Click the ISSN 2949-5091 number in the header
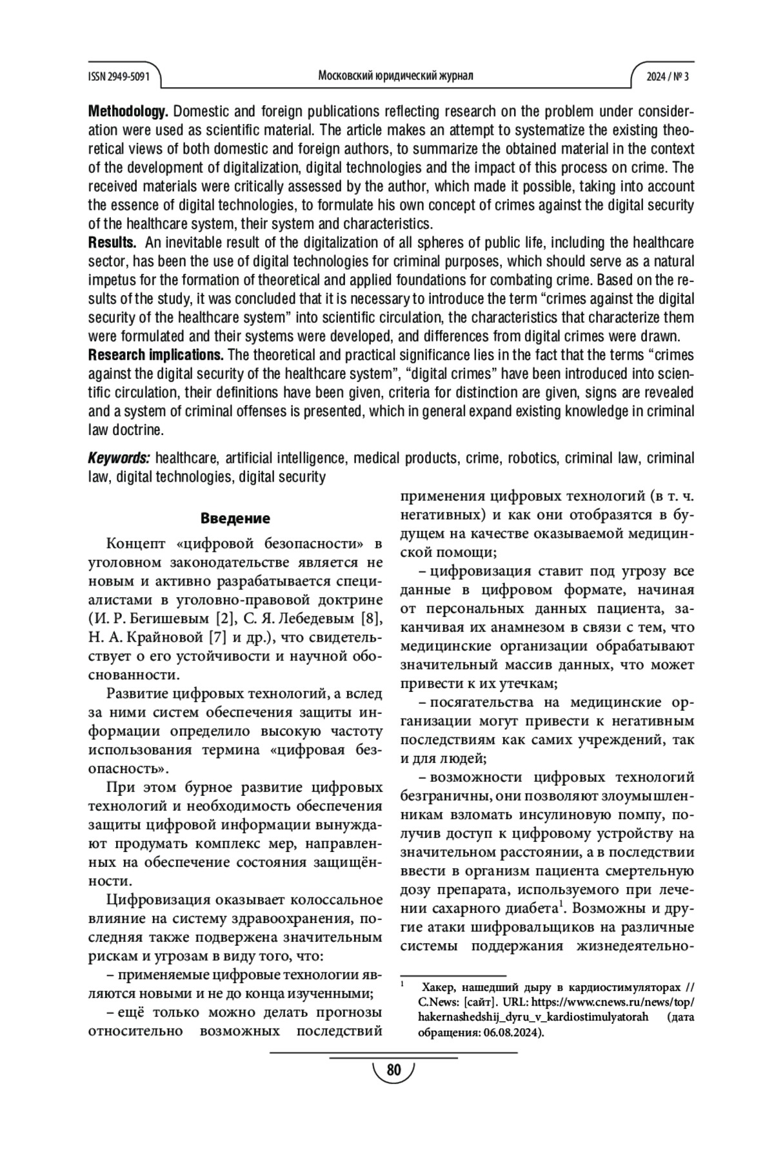pyautogui.click(x=119, y=76)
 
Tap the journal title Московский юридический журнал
pyautogui.click(x=395, y=76)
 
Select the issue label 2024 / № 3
pyautogui.click(x=668, y=76)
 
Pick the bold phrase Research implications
pyautogui.click(x=155, y=355)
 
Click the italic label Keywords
pyautogui.click(x=119, y=458)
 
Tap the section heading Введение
pyautogui.click(x=235, y=518)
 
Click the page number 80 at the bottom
pyautogui.click(x=393, y=1071)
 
